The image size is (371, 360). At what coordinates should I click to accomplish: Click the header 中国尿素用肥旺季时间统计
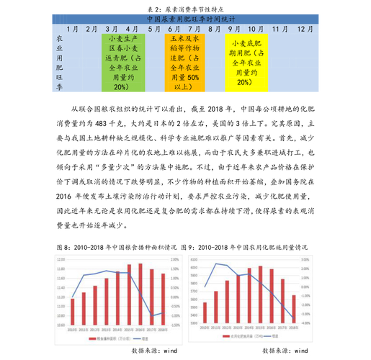(x=185, y=19)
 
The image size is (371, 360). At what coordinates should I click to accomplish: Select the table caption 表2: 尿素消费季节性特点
(x=184, y=6)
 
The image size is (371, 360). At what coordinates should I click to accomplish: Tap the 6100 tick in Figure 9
(x=194, y=261)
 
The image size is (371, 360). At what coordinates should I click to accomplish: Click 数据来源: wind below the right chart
(x=285, y=351)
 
